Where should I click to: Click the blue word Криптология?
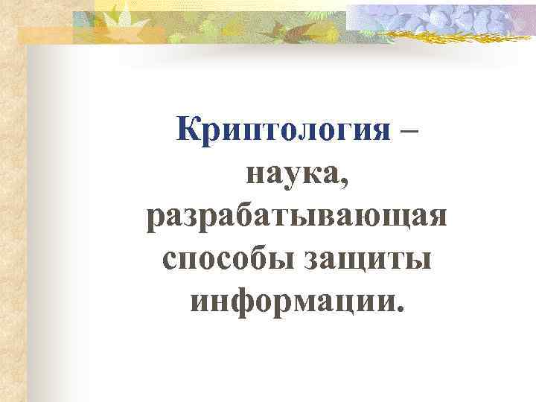click(x=284, y=132)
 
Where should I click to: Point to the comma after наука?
click(x=344, y=182)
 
